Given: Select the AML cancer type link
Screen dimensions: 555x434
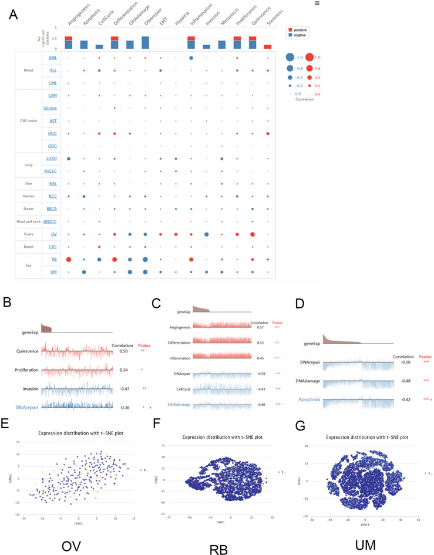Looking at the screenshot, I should (53, 58).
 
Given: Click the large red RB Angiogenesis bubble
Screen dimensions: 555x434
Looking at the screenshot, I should (69, 259).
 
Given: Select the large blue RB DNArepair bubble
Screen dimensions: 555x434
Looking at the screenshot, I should (144, 260).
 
